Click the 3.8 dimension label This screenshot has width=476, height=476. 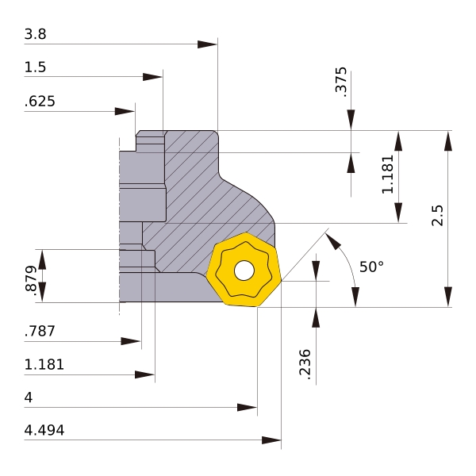tap(35, 34)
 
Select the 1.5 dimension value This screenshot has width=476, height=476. tap(35, 67)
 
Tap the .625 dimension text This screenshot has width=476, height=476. tap(40, 102)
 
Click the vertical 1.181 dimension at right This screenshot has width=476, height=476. tap(387, 175)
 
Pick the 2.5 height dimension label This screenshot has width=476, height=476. tap(437, 216)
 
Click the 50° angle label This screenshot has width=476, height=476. tap(371, 267)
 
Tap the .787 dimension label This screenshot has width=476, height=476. tap(40, 332)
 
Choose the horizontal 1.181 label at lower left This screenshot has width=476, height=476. tap(44, 365)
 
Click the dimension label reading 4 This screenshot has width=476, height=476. tap(29, 397)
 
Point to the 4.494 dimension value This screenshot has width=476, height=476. tap(44, 431)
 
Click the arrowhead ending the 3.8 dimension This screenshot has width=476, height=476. tap(208, 44)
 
